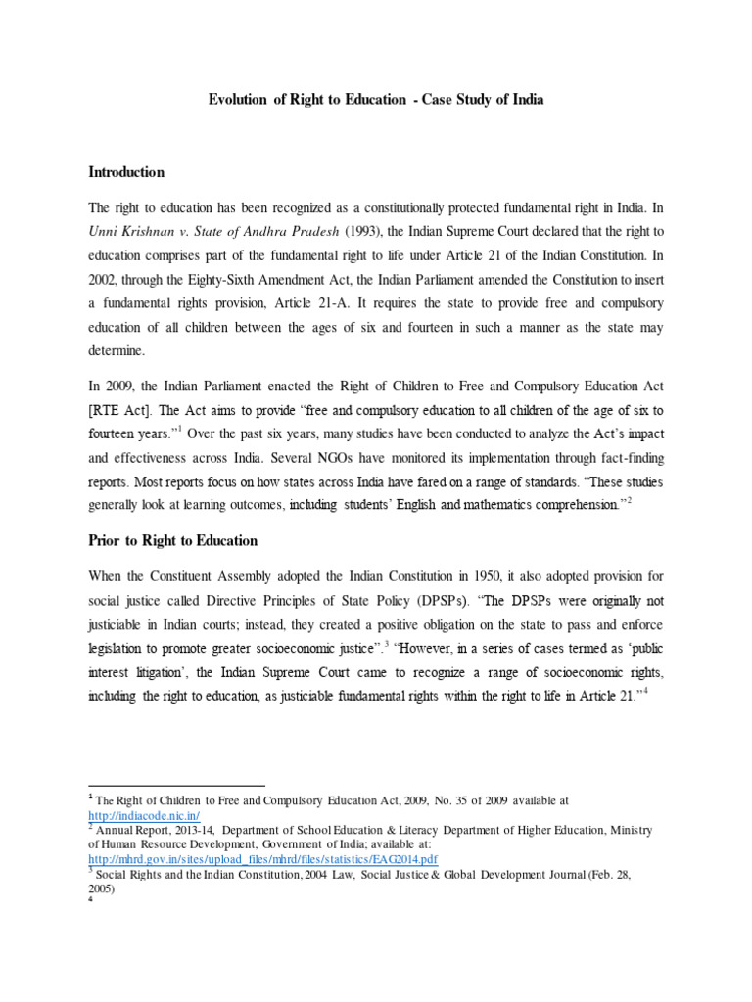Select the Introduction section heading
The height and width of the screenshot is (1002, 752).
pos(126,172)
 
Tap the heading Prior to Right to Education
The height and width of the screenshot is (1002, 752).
pos(173,540)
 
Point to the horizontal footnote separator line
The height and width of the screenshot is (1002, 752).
pos(176,786)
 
